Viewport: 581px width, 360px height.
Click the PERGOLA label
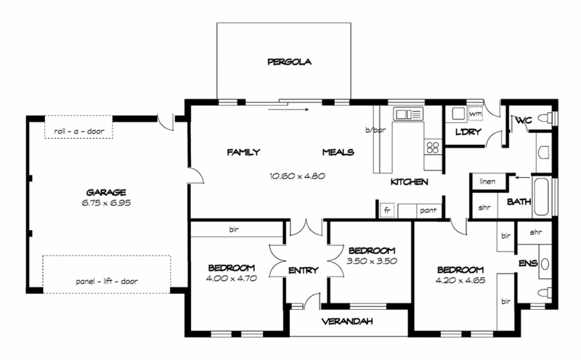tap(288, 62)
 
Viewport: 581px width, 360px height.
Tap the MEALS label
tap(338, 152)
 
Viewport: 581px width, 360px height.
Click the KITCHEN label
tap(409, 181)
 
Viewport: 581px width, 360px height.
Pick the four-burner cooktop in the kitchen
tap(433, 147)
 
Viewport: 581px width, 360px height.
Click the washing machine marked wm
tap(476, 114)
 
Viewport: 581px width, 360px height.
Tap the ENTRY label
tap(303, 270)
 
